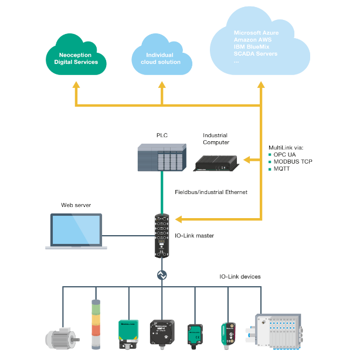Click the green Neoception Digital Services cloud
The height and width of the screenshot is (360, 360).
pos(76,56)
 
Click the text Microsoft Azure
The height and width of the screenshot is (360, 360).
pos(256,33)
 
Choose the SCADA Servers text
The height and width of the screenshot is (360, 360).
pos(256,54)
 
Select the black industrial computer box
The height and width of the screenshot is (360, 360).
pos(216,162)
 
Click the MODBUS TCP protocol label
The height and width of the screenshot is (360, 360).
pos(290,162)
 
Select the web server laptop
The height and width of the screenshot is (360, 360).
pos(76,232)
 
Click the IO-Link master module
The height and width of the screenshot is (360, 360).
pos(162,234)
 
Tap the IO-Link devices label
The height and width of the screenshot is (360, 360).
pos(240,276)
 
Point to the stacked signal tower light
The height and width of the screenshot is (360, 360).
pos(95,326)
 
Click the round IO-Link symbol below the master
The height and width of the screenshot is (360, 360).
pos(162,276)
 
